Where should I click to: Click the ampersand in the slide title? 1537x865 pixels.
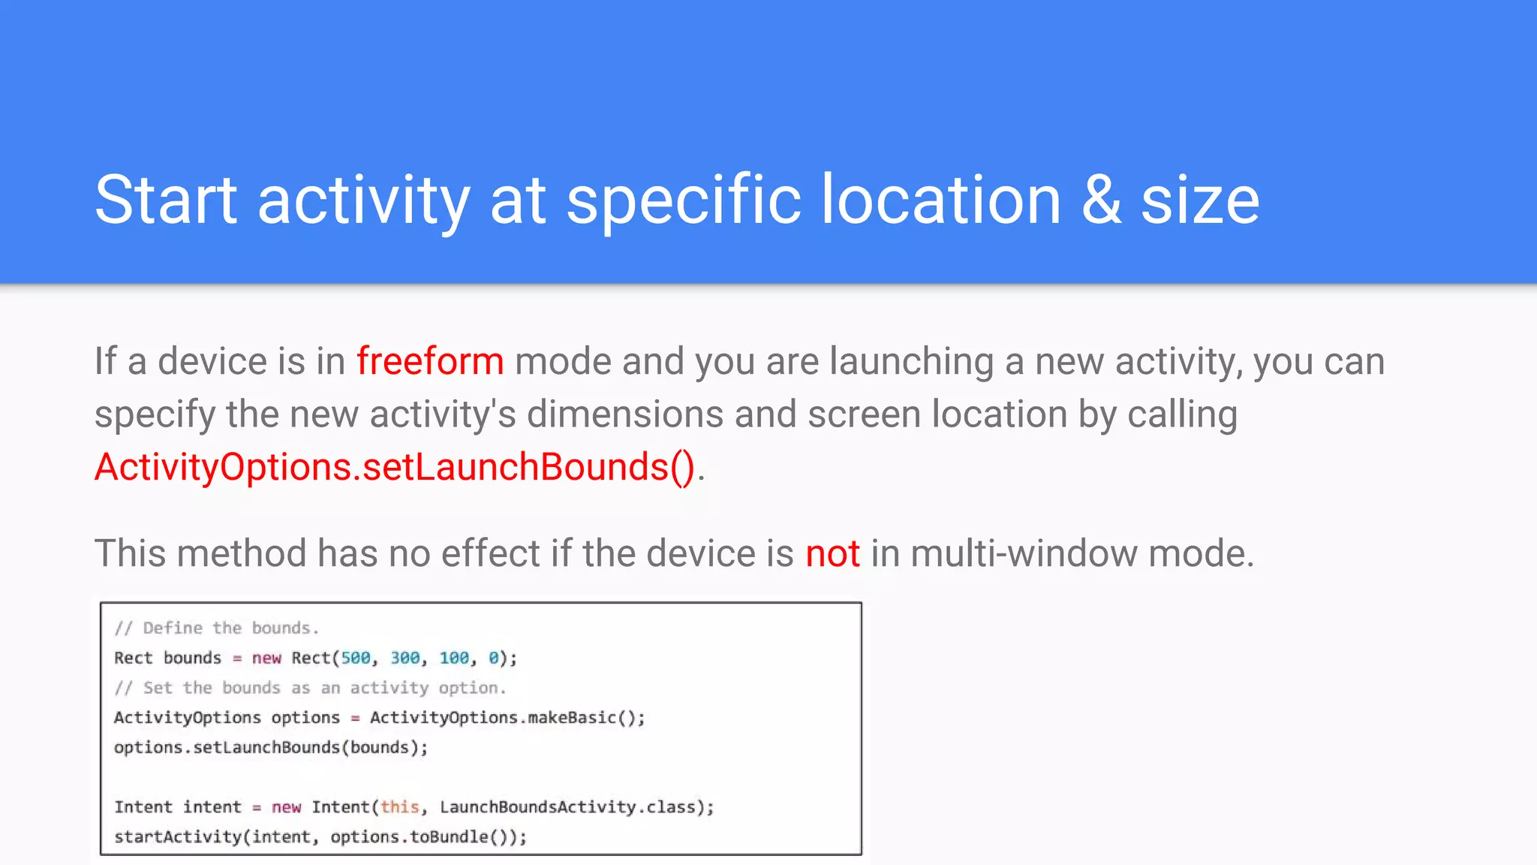click(1101, 200)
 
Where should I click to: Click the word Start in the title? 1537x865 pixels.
click(166, 200)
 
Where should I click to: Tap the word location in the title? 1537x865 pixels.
click(941, 200)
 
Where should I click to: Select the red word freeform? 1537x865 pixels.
click(429, 361)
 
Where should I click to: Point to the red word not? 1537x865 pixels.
click(832, 553)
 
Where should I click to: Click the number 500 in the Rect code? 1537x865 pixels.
click(356, 658)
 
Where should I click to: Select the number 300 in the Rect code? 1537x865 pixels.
click(405, 658)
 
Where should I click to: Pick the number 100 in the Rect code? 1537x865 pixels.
click(454, 658)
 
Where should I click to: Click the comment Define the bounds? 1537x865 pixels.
click(217, 628)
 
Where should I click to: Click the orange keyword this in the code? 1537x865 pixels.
click(399, 807)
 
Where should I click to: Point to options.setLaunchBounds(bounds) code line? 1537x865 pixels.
click(270, 748)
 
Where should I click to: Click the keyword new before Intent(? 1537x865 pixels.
click(286, 807)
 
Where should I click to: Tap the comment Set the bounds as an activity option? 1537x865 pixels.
click(310, 688)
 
